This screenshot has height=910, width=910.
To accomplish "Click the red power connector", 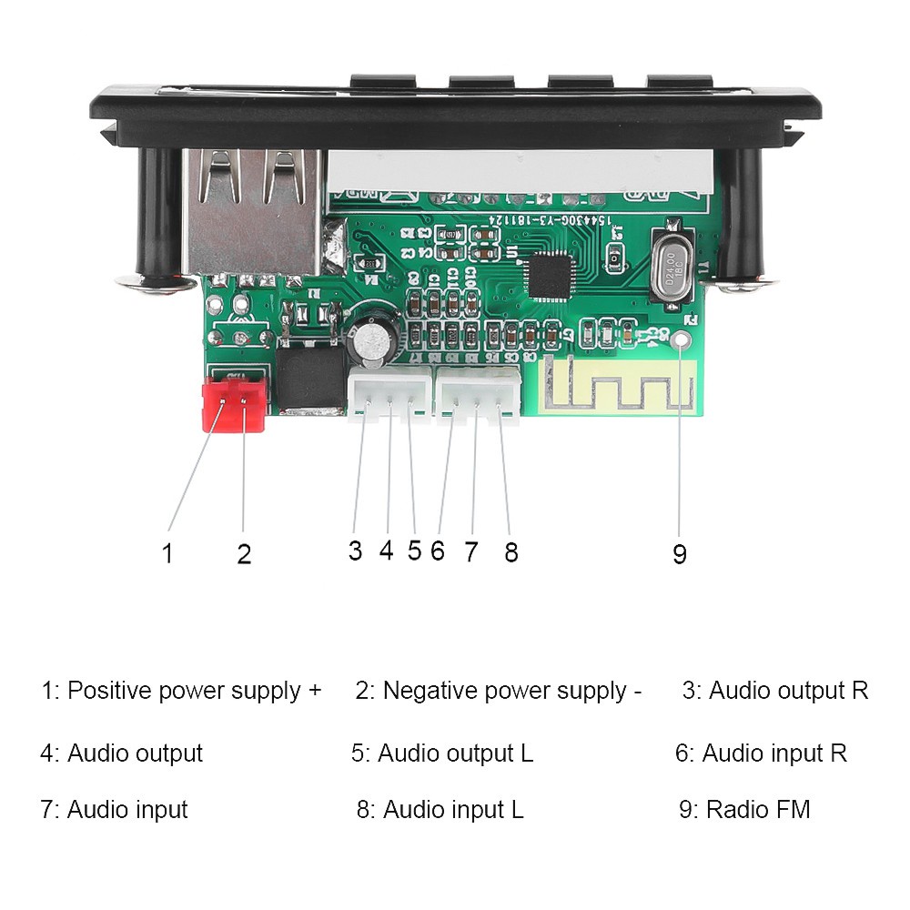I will (x=233, y=403).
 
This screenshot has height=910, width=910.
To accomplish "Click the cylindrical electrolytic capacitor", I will (x=372, y=339).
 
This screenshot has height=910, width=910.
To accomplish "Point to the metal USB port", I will (x=252, y=214).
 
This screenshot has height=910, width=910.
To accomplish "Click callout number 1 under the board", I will (x=167, y=552).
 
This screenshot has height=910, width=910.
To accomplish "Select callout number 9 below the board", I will (x=679, y=553).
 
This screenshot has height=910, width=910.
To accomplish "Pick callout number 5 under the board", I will (x=415, y=551).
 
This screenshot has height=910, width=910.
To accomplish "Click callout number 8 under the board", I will (x=511, y=551).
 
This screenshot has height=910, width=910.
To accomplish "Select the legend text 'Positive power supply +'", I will (x=181, y=691).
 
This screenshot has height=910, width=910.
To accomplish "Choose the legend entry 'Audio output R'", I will (x=775, y=691).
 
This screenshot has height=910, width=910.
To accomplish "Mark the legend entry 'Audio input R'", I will (x=761, y=753).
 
